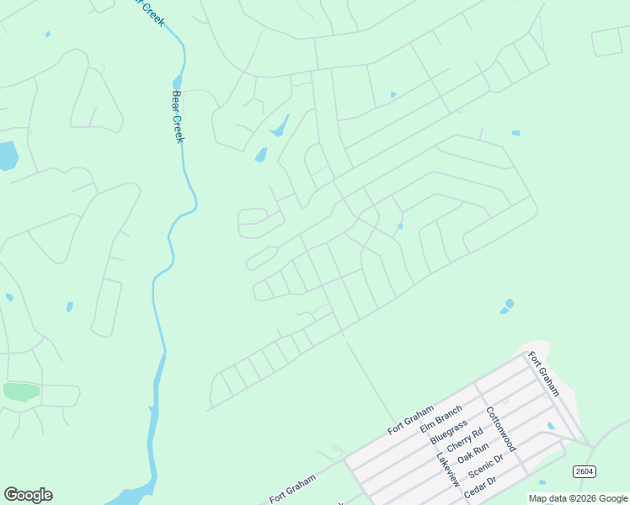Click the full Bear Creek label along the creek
coord(178,117)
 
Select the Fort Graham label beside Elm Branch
coord(410,419)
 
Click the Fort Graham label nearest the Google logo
coord(293,489)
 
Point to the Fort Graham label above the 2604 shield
coord(544,373)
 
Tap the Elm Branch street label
coord(441,417)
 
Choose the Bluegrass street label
coord(448,428)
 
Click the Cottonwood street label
coord(501,430)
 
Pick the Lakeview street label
coord(448,470)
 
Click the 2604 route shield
coord(584,471)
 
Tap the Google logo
coord(28,495)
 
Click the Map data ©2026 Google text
coord(578,498)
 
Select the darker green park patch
coord(21,391)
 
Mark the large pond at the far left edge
coord(7,156)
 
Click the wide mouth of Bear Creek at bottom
coord(126,497)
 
